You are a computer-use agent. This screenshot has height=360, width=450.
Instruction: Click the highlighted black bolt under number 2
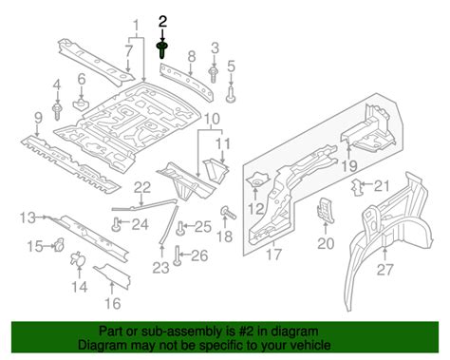[162, 50]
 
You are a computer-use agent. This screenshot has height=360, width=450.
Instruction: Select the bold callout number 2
[162, 22]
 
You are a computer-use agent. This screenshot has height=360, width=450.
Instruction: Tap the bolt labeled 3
[213, 74]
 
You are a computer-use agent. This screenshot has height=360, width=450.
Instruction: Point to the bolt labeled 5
[231, 94]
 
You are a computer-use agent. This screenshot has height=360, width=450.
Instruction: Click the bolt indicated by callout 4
[57, 111]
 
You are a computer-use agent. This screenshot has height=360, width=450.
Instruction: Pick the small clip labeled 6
[81, 103]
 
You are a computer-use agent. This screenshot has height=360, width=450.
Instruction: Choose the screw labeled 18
[229, 213]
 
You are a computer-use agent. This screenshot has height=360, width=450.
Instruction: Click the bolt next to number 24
[117, 224]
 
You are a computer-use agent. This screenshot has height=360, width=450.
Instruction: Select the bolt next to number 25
[180, 228]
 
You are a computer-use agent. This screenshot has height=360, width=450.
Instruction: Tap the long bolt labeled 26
[178, 255]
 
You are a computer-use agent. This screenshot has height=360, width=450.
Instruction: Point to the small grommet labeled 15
[59, 244]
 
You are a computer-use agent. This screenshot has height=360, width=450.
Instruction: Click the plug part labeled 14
[78, 259]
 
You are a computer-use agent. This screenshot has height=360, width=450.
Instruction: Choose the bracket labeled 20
[326, 210]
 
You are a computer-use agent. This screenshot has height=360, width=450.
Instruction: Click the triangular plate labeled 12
[258, 180]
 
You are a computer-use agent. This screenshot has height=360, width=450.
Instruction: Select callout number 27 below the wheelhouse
[384, 270]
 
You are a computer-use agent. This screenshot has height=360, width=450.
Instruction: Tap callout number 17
[273, 255]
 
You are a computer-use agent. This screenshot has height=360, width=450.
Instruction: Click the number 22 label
[142, 188]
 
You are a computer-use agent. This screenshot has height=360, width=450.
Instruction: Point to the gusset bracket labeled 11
[216, 170]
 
